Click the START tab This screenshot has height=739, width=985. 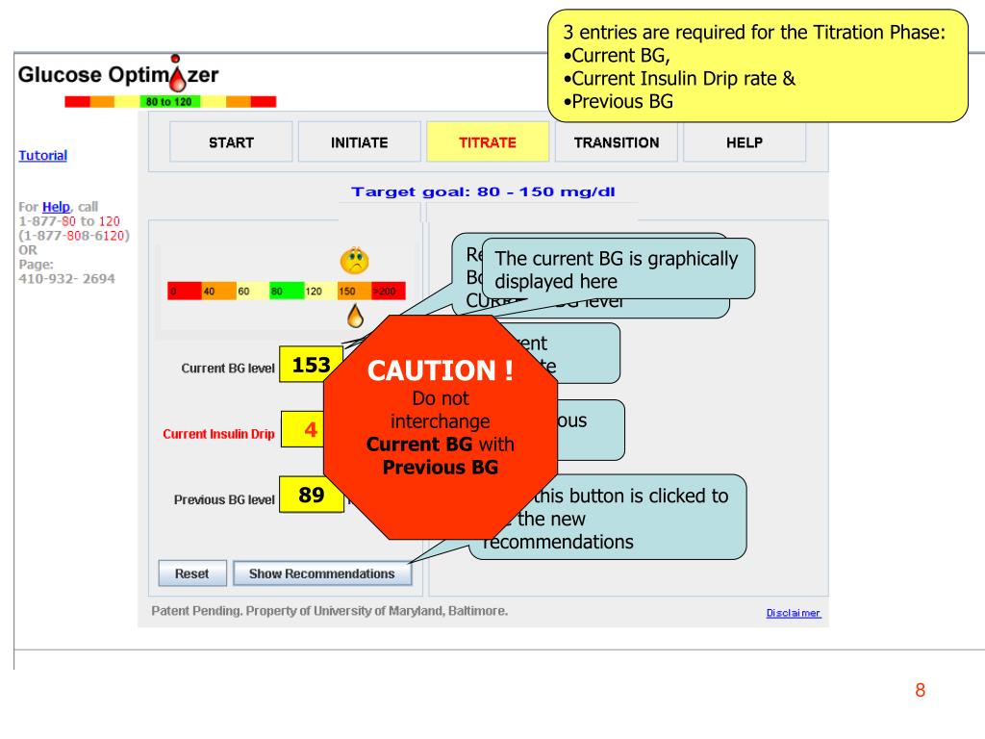point(231,143)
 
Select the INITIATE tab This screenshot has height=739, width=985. point(359,143)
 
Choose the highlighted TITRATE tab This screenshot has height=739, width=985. point(488,143)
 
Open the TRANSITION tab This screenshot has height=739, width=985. point(617,143)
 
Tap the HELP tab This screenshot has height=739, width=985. point(744,143)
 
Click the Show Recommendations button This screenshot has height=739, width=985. point(321,573)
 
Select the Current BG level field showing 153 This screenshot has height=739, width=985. point(311,365)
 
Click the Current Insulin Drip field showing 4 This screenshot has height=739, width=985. point(311,430)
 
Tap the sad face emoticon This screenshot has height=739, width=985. point(355,262)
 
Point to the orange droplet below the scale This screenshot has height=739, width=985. point(355,315)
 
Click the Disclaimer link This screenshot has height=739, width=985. point(793,613)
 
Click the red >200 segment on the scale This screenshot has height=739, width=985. point(388,292)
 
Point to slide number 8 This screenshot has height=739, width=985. point(920,690)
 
